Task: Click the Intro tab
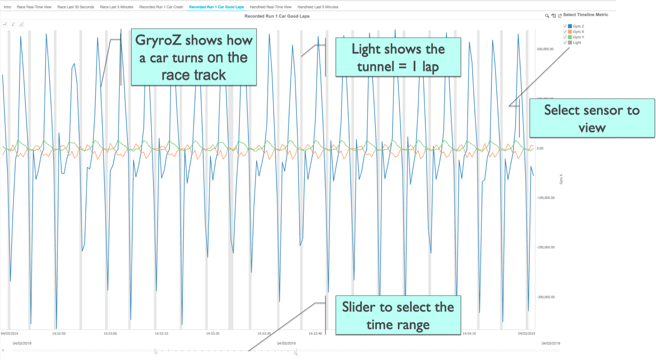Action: pos(7,7)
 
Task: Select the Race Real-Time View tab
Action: pos(34,7)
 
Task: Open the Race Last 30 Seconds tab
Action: pos(76,7)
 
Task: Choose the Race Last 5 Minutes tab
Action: pos(117,7)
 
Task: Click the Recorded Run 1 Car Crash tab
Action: pos(161,7)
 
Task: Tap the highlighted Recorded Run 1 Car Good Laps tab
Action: pos(217,7)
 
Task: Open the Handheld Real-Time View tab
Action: pos(270,7)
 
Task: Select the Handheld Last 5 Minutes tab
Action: pos(318,7)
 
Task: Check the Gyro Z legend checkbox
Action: pos(565,26)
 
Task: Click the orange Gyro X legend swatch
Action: pos(570,31)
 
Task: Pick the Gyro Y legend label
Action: pos(578,37)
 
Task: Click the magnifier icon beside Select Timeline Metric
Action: pos(547,16)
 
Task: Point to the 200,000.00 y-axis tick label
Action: pos(545,49)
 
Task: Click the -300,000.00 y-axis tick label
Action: pos(546,297)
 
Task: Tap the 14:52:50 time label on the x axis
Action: pos(59,334)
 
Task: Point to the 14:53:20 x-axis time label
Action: pos(213,334)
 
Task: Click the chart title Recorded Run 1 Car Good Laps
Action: pos(277,16)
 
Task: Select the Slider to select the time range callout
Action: pos(398,315)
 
